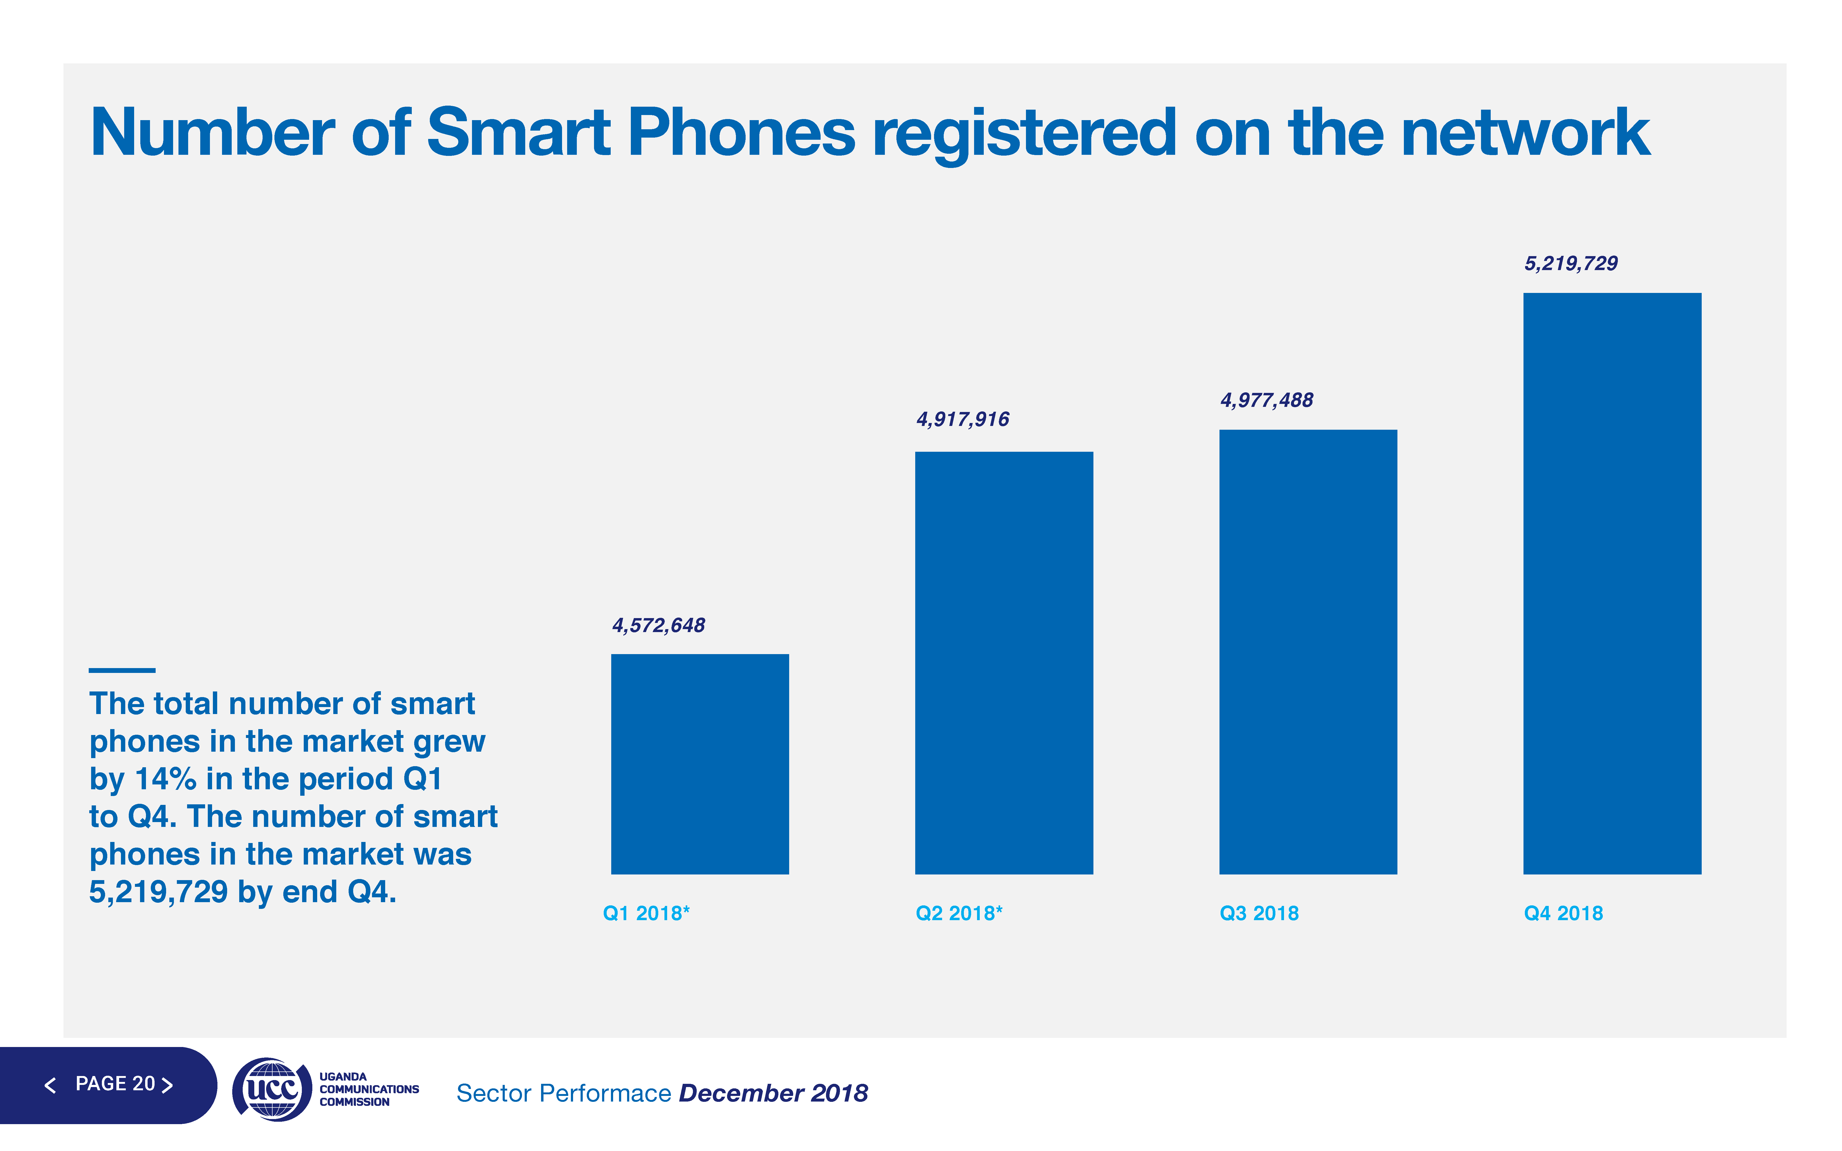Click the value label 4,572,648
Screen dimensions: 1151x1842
659,626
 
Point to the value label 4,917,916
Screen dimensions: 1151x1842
962,419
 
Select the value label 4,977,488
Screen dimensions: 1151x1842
1267,400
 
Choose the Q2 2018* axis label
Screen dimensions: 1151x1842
958,913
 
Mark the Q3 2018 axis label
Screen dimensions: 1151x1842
1259,913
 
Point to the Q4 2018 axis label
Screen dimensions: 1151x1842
1563,913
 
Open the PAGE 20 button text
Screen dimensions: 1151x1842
115,1084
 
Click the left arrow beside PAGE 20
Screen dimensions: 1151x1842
51,1085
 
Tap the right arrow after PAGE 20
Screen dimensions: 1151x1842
167,1085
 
